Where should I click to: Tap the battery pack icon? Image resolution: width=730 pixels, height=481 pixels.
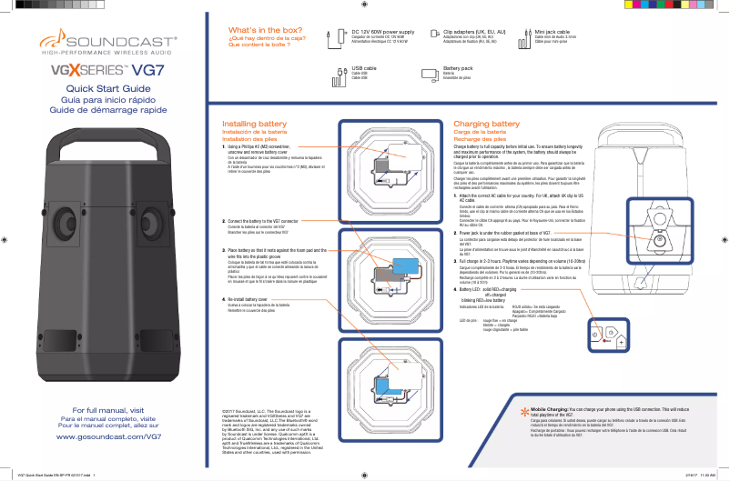point(429,73)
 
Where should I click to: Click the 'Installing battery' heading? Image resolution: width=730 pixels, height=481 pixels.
point(254,123)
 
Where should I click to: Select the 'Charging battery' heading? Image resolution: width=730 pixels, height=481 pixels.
point(486,123)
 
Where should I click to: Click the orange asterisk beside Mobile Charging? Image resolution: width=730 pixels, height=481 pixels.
point(523,413)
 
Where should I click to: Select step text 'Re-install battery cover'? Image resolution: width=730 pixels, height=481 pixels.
point(247,298)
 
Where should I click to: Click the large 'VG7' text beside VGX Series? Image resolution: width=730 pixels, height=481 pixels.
point(148,69)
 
